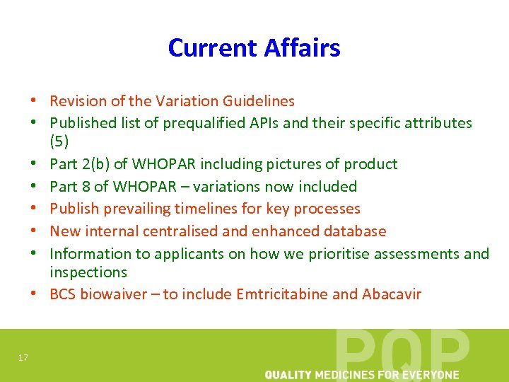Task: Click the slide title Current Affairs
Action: (x=254, y=47)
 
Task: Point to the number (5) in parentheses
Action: (x=59, y=141)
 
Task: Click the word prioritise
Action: (x=343, y=253)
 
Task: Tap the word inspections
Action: (x=88, y=272)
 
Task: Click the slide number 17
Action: (x=23, y=358)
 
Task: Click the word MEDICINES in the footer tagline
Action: (x=346, y=375)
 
